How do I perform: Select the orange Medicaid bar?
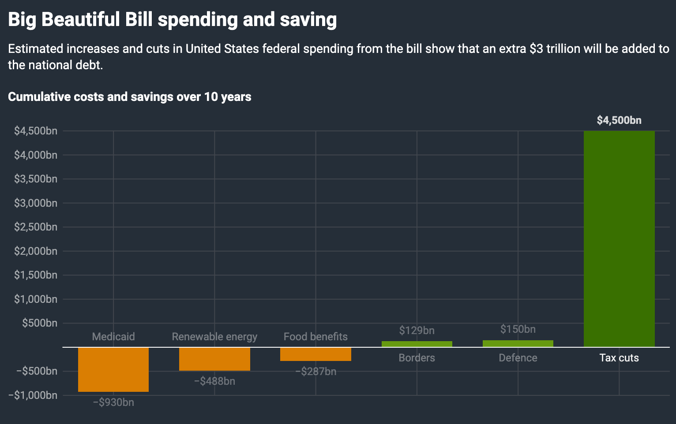[113, 369]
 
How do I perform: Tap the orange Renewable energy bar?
[214, 359]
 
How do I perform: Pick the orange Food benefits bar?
[315, 354]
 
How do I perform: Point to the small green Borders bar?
[417, 344]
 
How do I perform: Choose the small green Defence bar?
[518, 343]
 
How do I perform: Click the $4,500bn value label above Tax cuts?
[619, 120]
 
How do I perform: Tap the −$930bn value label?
[113, 402]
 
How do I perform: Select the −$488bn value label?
[214, 381]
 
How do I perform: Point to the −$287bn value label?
[315, 372]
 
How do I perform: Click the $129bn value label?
[417, 331]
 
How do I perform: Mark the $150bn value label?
[518, 329]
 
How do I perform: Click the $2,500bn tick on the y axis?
[36, 227]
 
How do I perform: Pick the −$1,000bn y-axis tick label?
[33, 395]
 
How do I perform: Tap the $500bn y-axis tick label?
[40, 323]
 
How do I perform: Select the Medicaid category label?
[113, 337]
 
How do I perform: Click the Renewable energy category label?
[214, 337]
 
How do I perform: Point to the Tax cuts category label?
[619, 358]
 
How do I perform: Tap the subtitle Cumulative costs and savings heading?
[130, 97]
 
